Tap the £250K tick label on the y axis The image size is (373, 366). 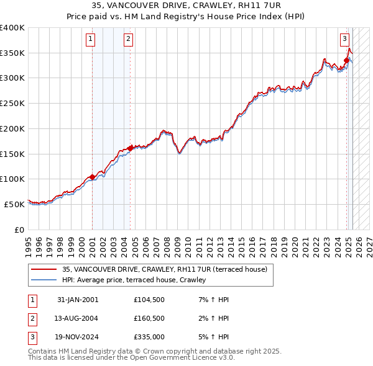[x=12, y=104]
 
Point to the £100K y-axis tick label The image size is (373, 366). [x=12, y=179]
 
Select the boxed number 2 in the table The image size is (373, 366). [x=31, y=318]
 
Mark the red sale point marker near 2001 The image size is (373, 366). [x=92, y=177]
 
